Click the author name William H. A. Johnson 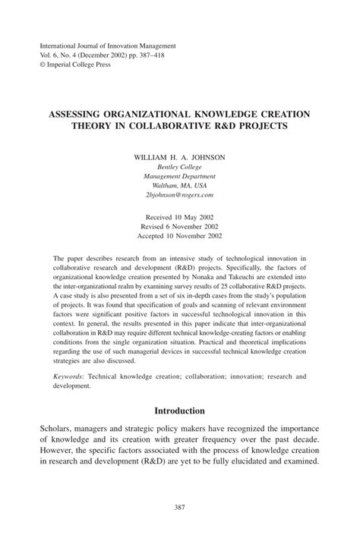click(x=179, y=157)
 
